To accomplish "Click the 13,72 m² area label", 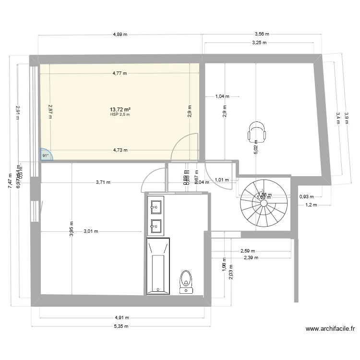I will (x=120, y=109).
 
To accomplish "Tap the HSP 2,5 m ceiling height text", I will (x=120, y=115).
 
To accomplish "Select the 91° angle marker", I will (x=46, y=155).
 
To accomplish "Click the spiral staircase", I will (x=264, y=203).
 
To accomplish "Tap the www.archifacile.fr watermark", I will (x=330, y=329).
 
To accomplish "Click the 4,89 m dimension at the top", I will (x=120, y=34).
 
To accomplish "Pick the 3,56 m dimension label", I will (x=261, y=34).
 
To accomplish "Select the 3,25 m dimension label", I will (x=259, y=43).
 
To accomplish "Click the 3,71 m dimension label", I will (x=103, y=182).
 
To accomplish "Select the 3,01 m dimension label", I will (x=91, y=231).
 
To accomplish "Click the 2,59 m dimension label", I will (x=248, y=251).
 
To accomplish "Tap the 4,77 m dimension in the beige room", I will (x=120, y=73).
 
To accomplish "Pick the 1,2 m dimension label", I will (x=312, y=205).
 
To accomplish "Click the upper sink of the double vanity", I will (x=156, y=207).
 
